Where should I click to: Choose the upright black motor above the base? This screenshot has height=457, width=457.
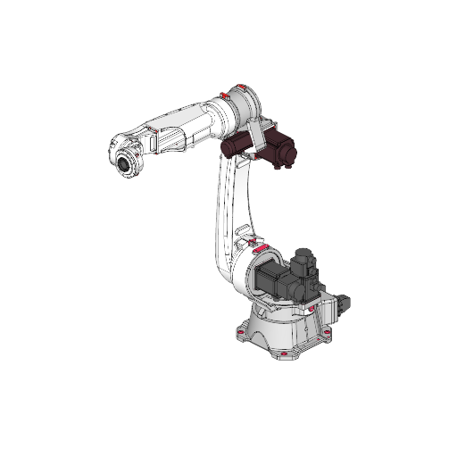pyautogui.click(x=303, y=264)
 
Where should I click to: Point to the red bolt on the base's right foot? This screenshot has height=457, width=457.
pyautogui.click(x=327, y=335)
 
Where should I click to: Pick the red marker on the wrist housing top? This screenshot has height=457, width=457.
pyautogui.click(x=153, y=131)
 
